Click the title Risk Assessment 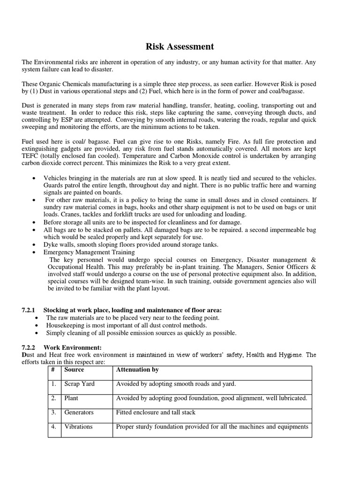tap(180, 46)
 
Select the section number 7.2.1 tap(30, 310)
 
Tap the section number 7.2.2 tap(30, 347)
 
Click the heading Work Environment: tap(73, 347)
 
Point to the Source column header tap(74, 370)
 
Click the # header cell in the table tap(53, 370)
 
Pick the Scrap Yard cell tap(79, 384)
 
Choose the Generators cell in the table tap(79, 412)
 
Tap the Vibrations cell tap(78, 427)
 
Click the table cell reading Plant tap(71, 398)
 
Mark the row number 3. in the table tap(54, 412)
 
